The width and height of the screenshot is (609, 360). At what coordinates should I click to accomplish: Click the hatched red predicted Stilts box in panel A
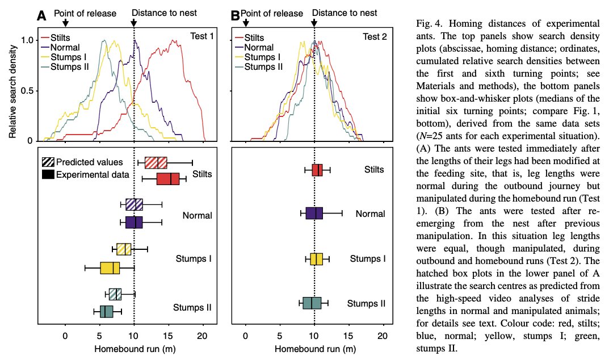(x=156, y=163)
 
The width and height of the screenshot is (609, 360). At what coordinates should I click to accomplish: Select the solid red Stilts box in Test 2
(x=317, y=170)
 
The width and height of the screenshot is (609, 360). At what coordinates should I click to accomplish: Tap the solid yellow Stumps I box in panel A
(x=110, y=268)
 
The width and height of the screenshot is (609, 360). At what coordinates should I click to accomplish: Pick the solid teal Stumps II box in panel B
(x=312, y=303)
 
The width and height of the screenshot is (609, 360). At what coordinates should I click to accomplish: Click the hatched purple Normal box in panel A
(x=134, y=204)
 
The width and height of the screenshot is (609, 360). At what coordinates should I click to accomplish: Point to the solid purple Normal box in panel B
(x=314, y=214)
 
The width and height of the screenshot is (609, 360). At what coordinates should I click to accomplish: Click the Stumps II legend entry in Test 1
(x=65, y=67)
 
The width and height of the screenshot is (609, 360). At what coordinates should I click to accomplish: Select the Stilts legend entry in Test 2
(x=249, y=37)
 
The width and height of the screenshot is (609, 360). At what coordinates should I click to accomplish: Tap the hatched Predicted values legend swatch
(x=48, y=162)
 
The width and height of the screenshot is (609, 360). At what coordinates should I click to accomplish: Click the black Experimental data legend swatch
(x=48, y=174)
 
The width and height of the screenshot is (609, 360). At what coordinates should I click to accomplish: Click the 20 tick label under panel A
(x=203, y=336)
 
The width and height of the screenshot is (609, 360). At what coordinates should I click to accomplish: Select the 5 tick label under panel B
(x=280, y=336)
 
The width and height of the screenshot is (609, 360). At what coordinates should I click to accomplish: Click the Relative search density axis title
(x=13, y=91)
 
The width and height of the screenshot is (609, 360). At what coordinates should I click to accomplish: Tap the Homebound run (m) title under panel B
(x=315, y=349)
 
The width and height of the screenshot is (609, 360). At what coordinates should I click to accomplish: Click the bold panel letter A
(x=41, y=16)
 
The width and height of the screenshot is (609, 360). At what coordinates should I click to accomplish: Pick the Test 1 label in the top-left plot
(x=202, y=36)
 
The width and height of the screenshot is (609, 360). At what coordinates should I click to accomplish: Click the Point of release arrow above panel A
(x=66, y=23)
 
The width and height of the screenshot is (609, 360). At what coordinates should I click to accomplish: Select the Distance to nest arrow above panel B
(x=314, y=23)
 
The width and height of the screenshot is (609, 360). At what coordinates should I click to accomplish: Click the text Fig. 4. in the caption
(x=429, y=24)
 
